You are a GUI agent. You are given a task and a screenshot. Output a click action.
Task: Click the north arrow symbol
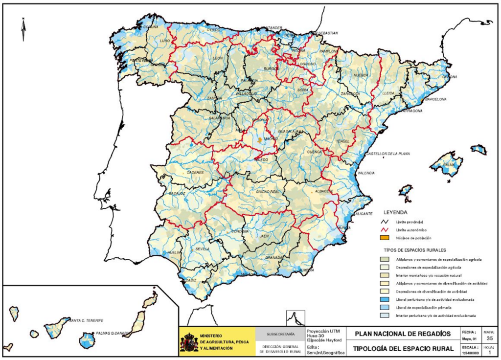pyautogui.click(x=23, y=29)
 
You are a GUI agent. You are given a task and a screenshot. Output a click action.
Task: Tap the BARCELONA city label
pyautogui.click(x=435, y=99)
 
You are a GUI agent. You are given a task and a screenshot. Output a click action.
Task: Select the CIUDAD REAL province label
pyautogui.click(x=267, y=192)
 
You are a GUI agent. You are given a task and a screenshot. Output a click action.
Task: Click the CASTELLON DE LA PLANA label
pyautogui.click(x=387, y=154)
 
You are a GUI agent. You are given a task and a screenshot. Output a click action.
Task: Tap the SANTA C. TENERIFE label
pyautogui.click(x=87, y=320)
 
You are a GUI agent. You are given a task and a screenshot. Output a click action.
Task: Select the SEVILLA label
pyautogui.click(x=202, y=249)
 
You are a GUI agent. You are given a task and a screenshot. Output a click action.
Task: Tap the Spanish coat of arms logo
pyautogui.click(x=189, y=341)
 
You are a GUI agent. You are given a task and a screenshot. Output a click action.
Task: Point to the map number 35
pyautogui.click(x=490, y=337)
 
